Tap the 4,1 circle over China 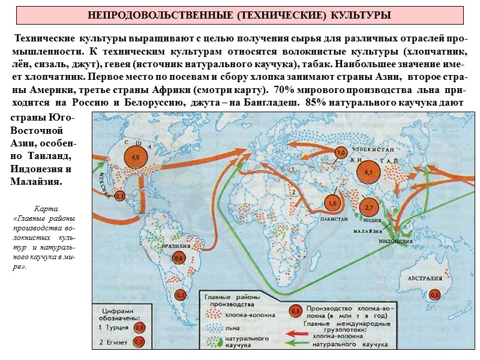tap(368, 172)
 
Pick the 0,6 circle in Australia tap(434, 295)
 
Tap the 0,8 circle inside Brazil tap(178, 259)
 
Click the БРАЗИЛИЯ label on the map tap(171, 246)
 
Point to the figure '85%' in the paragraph tap(317, 103)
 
